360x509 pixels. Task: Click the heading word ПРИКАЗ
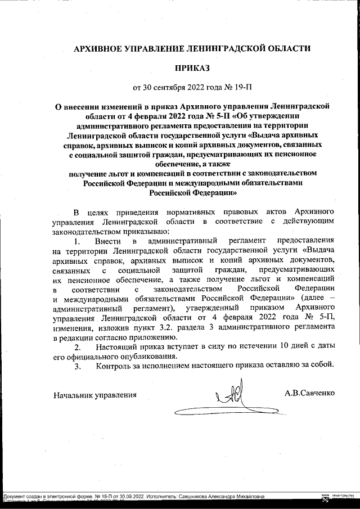[191, 68]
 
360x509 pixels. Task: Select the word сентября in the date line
[174, 88]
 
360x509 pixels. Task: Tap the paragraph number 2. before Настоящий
[79, 346]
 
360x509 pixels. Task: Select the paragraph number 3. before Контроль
[79, 366]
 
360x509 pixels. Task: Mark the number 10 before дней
[282, 346]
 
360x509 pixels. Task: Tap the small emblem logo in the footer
[325, 498]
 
